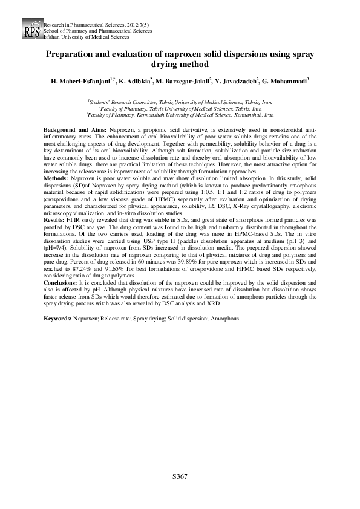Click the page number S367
point(180,477)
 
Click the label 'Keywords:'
point(59,318)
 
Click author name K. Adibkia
point(139,80)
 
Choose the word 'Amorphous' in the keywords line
point(225,318)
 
